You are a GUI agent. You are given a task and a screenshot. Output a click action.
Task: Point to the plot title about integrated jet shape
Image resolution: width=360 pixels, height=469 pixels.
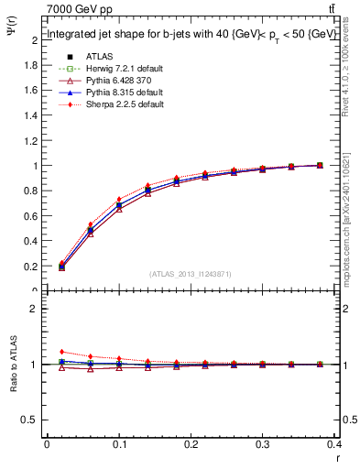pos(183,34)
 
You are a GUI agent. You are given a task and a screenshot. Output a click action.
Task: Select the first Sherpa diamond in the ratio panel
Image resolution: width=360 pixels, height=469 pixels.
pos(62,352)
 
